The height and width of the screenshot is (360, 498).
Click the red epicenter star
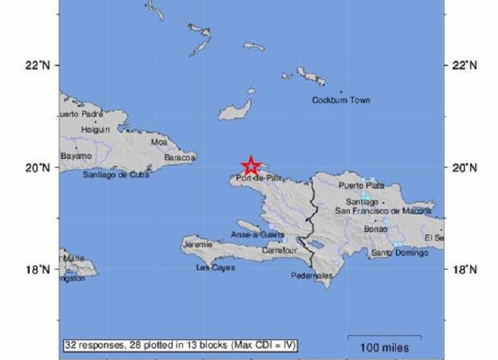point(252,166)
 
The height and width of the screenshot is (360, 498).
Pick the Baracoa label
point(180,157)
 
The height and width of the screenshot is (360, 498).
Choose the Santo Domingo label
point(400,253)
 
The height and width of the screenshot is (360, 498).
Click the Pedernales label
point(312,275)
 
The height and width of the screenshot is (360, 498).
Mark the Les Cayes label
point(215,268)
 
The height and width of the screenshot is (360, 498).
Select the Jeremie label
point(198,245)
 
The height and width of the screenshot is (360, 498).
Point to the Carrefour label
point(279,251)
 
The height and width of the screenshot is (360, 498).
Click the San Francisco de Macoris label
point(383,211)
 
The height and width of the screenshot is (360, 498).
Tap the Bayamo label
point(76,156)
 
